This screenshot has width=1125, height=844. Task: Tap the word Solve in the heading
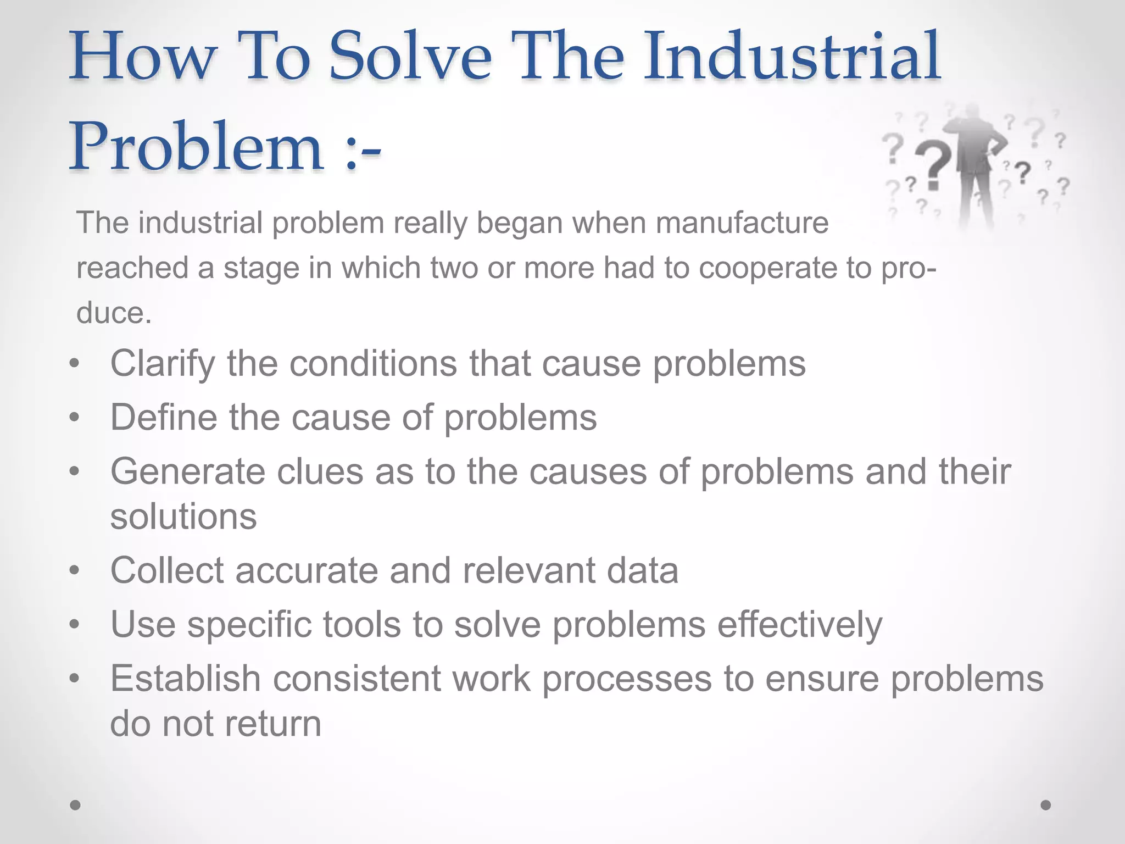409,57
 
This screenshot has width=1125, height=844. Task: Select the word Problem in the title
195,147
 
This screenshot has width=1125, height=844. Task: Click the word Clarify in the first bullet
163,364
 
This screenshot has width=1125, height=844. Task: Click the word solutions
183,517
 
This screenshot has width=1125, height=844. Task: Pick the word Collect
167,570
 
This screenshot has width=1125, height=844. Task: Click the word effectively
799,625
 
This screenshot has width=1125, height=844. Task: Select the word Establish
185,679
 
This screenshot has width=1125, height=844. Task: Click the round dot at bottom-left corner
75,805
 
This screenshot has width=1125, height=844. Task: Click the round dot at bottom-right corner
1046,805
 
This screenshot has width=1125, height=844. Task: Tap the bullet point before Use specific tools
75,625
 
